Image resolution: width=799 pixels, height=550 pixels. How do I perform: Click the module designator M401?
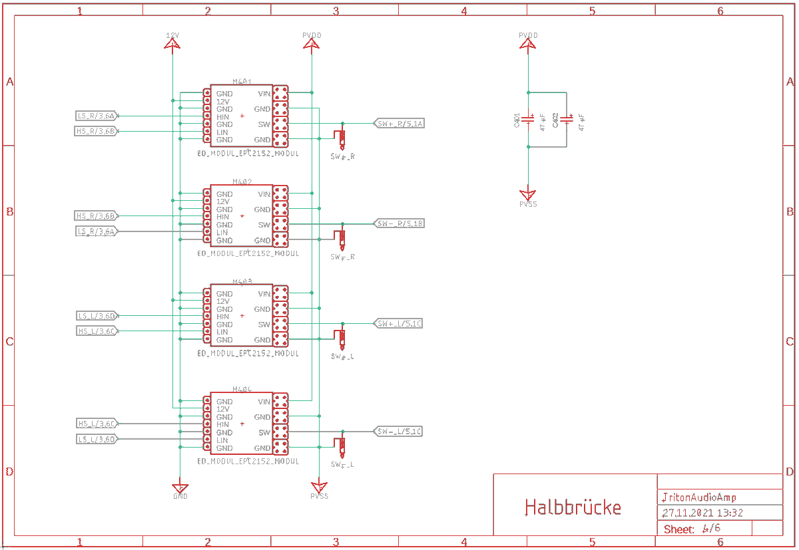tap(242, 81)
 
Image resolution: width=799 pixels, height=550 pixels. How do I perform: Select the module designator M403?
tap(242, 282)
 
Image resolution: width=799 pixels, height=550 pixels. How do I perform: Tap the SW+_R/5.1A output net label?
tap(400, 124)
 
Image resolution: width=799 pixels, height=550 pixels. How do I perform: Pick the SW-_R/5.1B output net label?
tap(400, 223)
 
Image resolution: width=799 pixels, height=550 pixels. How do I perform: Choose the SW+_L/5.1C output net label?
tap(398, 324)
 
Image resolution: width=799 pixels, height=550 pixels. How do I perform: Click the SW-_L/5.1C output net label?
tap(398, 432)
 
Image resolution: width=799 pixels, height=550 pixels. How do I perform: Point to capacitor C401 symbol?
tap(528, 120)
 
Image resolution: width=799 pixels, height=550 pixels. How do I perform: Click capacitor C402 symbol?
tap(567, 120)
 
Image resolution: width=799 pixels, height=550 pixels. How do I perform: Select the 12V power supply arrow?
tap(172, 43)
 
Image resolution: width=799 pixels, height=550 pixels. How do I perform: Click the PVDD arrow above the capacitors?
tap(528, 43)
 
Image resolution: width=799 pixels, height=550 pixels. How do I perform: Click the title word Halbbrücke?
tap(573, 507)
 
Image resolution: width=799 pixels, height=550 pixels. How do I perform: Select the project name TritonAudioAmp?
tap(699, 497)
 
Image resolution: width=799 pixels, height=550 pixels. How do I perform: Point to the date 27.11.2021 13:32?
tap(702, 513)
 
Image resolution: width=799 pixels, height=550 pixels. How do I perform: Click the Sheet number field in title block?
tap(692, 529)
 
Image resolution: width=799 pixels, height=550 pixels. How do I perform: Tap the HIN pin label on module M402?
tap(222, 217)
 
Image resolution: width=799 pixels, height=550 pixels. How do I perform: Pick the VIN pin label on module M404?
tap(264, 402)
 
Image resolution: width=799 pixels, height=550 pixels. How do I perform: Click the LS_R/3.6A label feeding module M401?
tap(97, 116)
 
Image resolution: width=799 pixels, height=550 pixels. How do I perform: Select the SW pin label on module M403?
tap(264, 325)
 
